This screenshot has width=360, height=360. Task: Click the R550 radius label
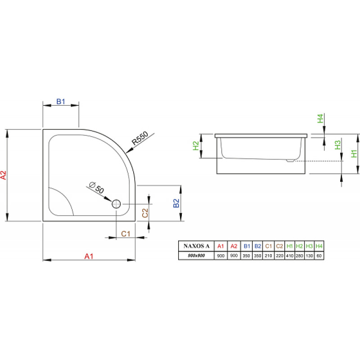click(140, 138)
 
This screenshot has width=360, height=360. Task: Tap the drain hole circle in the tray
click(116, 204)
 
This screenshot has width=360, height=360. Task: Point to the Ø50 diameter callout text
click(97, 187)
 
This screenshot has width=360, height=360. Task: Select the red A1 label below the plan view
click(89, 256)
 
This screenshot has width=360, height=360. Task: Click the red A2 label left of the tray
click(4, 175)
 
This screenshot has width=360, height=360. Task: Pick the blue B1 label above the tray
click(61, 101)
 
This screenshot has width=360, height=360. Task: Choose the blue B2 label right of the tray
click(176, 203)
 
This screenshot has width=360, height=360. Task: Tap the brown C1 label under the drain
click(126, 234)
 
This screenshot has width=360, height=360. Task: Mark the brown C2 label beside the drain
click(145, 213)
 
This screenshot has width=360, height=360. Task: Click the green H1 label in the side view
click(354, 153)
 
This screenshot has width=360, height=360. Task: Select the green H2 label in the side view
click(196, 146)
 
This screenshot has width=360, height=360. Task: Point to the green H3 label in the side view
click(337, 145)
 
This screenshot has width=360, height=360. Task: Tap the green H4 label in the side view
click(320, 118)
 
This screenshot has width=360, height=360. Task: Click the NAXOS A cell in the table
click(197, 246)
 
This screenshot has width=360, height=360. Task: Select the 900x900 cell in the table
click(196, 256)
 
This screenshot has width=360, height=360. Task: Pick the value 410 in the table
click(290, 256)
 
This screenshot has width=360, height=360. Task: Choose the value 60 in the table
click(319, 256)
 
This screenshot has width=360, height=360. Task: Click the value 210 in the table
click(268, 256)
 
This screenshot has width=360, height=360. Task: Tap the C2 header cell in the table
click(279, 246)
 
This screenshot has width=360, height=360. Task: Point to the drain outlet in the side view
click(290, 161)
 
